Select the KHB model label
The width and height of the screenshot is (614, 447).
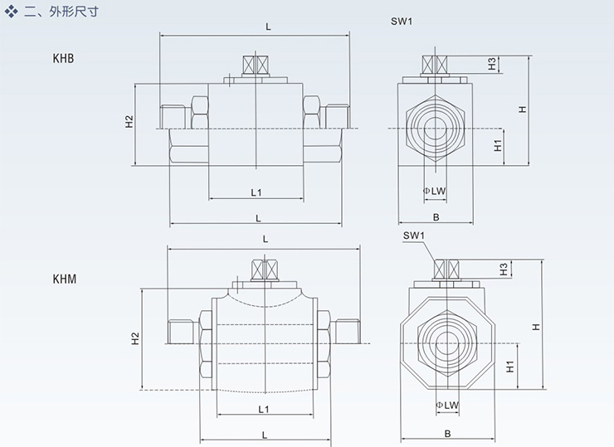[x=64, y=59]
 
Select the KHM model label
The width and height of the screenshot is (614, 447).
[x=64, y=279]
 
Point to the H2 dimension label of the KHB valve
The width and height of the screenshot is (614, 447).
[x=129, y=122]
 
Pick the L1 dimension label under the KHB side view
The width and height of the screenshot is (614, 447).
[x=256, y=192]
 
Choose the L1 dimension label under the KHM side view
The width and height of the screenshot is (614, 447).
[x=264, y=409]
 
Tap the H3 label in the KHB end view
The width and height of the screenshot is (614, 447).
[x=492, y=63]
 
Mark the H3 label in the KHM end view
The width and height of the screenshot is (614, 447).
[x=504, y=269]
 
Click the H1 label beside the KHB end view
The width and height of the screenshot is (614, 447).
[x=497, y=146]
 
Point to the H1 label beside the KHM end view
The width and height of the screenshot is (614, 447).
[x=509, y=365]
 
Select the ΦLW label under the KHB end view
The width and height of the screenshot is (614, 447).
[x=435, y=191]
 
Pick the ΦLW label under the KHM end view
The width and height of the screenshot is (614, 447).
[x=446, y=406]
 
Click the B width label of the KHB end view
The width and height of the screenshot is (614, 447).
[x=436, y=217]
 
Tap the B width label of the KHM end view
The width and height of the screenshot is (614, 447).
[x=446, y=433]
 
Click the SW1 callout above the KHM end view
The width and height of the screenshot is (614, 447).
[x=414, y=236]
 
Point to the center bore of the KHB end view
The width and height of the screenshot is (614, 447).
[x=436, y=126]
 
